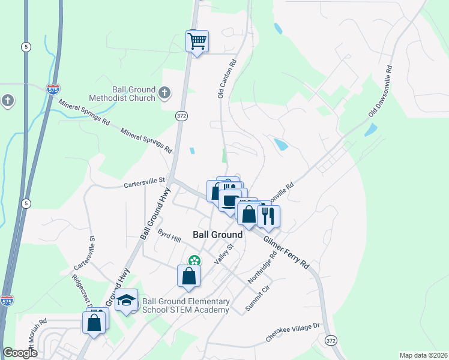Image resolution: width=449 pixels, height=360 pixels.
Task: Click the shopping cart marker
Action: pos(197,42)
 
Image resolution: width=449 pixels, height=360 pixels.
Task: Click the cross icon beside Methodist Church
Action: pos(165,94)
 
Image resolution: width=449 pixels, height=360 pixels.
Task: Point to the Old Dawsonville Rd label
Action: pos(380,91)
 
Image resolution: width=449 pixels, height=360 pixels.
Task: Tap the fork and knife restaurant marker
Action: pos(268,216)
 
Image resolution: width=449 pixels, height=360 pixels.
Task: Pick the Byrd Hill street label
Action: pos(169,235)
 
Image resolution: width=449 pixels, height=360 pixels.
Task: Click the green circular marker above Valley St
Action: pos(194,260)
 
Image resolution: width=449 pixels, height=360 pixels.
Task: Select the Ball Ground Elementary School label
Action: pos(185,305)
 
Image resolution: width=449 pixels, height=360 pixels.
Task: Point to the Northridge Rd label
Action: pos(262,267)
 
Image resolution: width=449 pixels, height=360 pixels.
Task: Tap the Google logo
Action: pos(20,353)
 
